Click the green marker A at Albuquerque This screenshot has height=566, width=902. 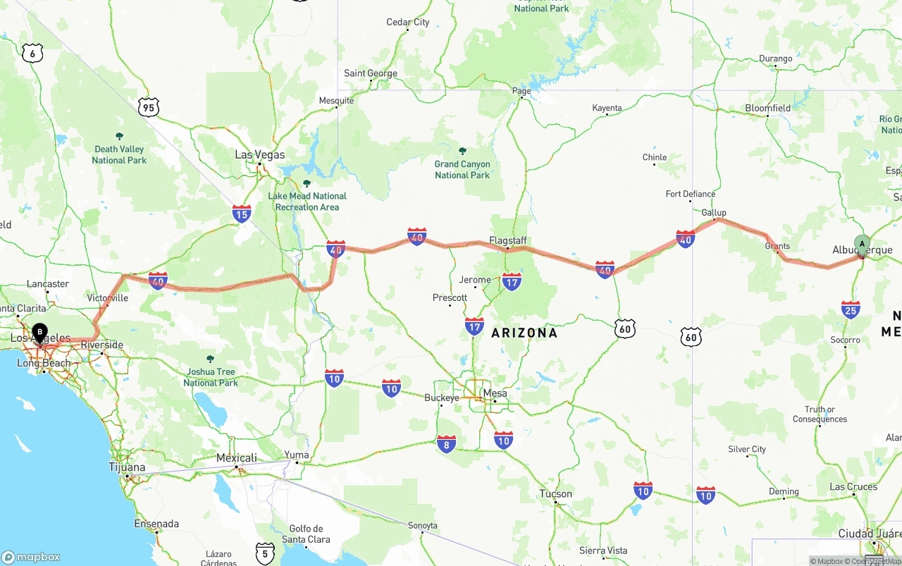pyautogui.click(x=862, y=245)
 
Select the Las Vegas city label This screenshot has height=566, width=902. pyautogui.click(x=260, y=155)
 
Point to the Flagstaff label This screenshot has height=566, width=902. pyautogui.click(x=508, y=240)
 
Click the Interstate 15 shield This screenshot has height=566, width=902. pyautogui.click(x=242, y=214)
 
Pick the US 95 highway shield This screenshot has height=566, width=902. pyautogui.click(x=149, y=108)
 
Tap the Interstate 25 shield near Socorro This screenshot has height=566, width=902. pyautogui.click(x=851, y=309)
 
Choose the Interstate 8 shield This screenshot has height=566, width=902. pyautogui.click(x=446, y=443)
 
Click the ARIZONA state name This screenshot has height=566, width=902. pyautogui.click(x=524, y=333)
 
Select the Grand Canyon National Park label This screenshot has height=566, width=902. pyautogui.click(x=462, y=169)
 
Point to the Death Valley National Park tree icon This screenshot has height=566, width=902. pyautogui.click(x=119, y=136)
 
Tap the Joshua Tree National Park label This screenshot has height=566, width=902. pyautogui.click(x=211, y=377)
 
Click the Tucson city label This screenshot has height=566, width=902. pyautogui.click(x=556, y=493)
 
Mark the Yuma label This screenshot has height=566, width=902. pyautogui.click(x=297, y=455)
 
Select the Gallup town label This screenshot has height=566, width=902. pyautogui.click(x=714, y=212)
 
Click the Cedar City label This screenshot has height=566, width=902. pyautogui.click(x=408, y=23)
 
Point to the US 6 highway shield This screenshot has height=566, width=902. pyautogui.click(x=32, y=53)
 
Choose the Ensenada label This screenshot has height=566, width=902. pyautogui.click(x=156, y=524)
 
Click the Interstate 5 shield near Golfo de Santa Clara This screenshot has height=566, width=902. pyautogui.click(x=265, y=553)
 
